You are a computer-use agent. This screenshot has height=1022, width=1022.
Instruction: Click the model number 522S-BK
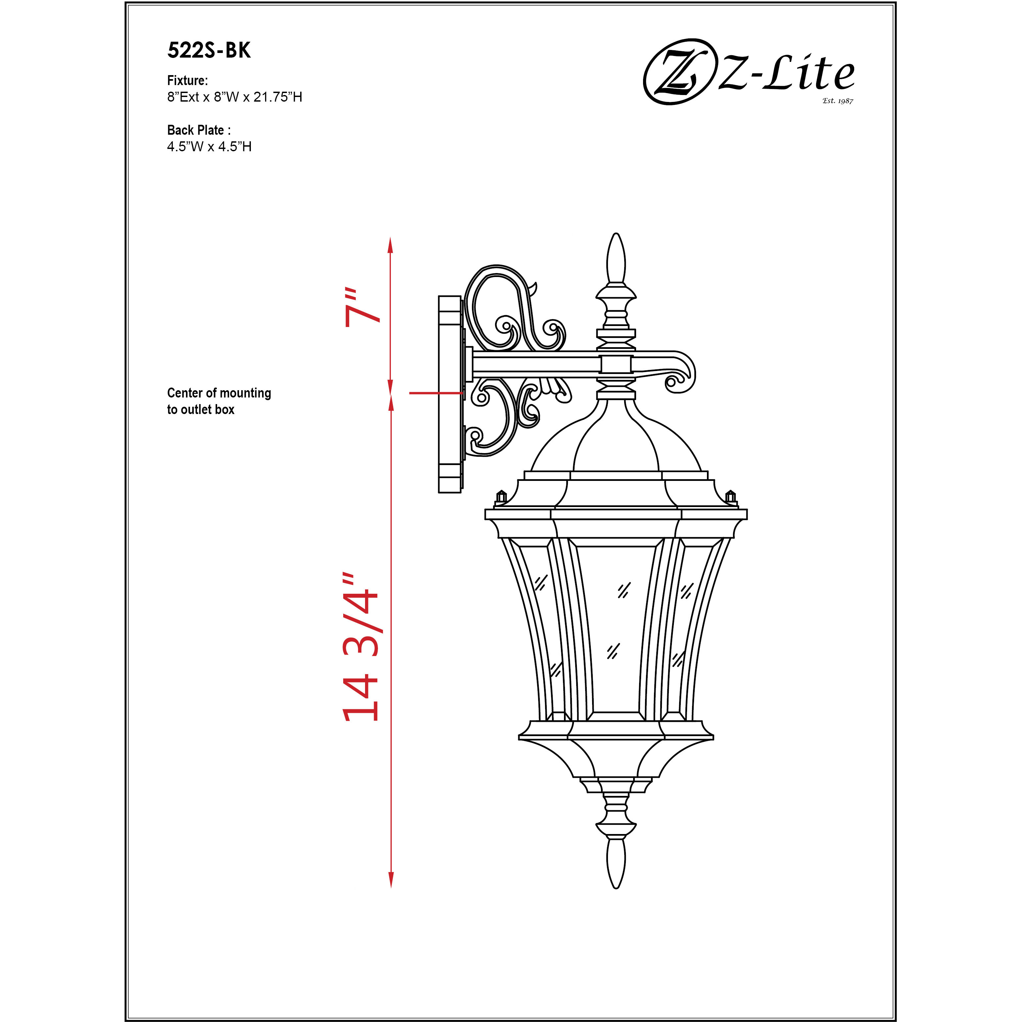click(x=209, y=51)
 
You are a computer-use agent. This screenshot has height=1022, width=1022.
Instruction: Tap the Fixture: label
click(x=187, y=80)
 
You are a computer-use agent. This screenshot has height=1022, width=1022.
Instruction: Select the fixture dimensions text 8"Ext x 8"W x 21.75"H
click(x=234, y=97)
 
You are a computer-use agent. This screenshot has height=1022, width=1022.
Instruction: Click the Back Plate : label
click(x=198, y=130)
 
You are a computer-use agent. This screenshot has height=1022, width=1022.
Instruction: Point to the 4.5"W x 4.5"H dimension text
click(x=209, y=147)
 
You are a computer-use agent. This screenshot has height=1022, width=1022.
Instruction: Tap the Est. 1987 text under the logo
click(x=837, y=101)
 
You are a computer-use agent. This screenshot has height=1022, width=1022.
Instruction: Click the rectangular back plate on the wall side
click(x=450, y=394)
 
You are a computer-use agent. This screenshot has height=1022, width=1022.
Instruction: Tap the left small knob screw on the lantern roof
click(x=500, y=496)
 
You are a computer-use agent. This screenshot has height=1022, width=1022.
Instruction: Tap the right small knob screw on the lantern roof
click(x=730, y=496)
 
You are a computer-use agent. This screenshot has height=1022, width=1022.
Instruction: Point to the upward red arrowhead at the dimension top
click(x=391, y=246)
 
